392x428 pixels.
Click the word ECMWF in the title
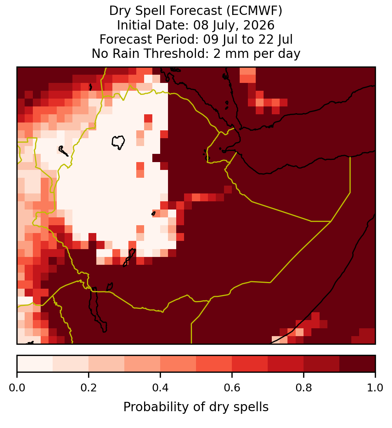coord(255,11)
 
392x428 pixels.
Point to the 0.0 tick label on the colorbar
coord(17,388)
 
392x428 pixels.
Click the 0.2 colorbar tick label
coord(88,388)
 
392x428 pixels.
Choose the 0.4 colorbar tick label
coord(161,388)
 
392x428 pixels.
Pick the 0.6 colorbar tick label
coord(232,388)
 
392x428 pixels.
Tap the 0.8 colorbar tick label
coord(304,388)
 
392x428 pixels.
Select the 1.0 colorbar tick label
coord(375,388)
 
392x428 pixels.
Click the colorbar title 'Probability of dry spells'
coord(196,407)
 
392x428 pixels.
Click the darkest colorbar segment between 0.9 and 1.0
coord(358,364)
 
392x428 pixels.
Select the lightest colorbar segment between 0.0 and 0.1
coord(35,364)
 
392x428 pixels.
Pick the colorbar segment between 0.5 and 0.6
coord(214,364)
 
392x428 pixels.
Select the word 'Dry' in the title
coord(121,11)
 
